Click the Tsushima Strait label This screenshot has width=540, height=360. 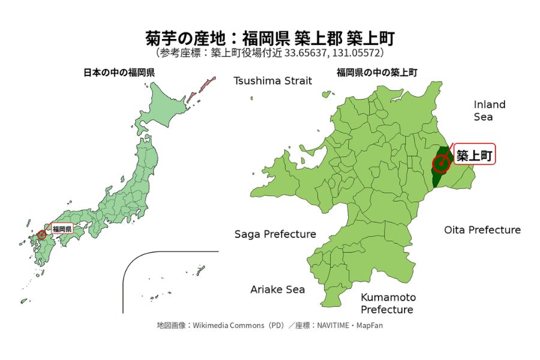tap(273, 81)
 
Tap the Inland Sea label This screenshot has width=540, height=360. tap(490, 110)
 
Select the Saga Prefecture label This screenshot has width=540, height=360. tap(275, 234)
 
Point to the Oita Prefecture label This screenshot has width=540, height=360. tap(482, 230)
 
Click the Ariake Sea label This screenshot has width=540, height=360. tap(277, 289)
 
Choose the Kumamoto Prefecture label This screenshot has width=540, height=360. tap(387, 304)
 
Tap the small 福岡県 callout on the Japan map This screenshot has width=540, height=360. tap(62, 229)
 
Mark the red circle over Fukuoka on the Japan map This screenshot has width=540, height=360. tap(41, 235)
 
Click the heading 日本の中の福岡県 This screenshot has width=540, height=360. tap(119, 73)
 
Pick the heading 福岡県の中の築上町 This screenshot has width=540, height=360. tap(377, 73)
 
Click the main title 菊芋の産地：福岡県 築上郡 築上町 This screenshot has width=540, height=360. tap(270, 38)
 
